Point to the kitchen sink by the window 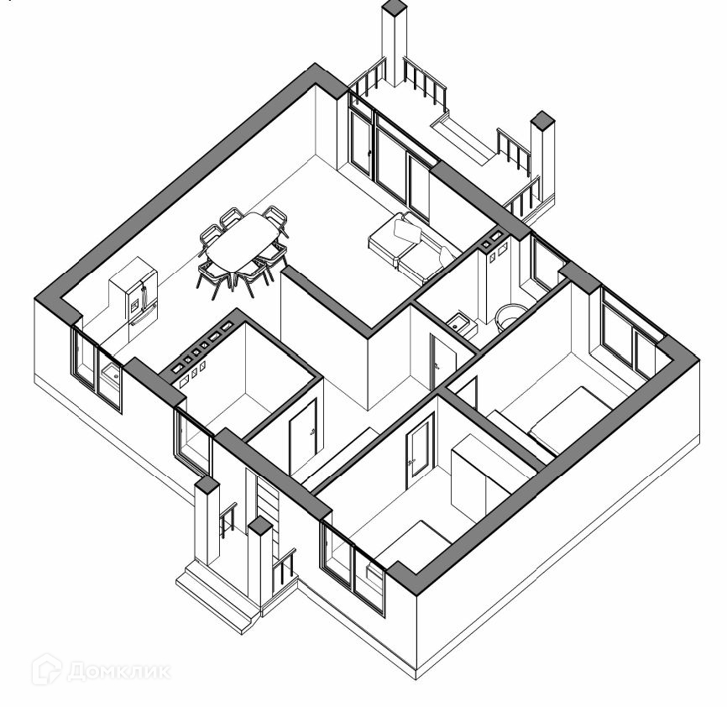(x=110, y=371)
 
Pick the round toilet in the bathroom (x=510, y=316)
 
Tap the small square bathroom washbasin (x=460, y=322)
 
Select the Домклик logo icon (x=47, y=670)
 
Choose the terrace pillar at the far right (x=542, y=160)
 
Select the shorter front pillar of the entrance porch (x=260, y=558)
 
